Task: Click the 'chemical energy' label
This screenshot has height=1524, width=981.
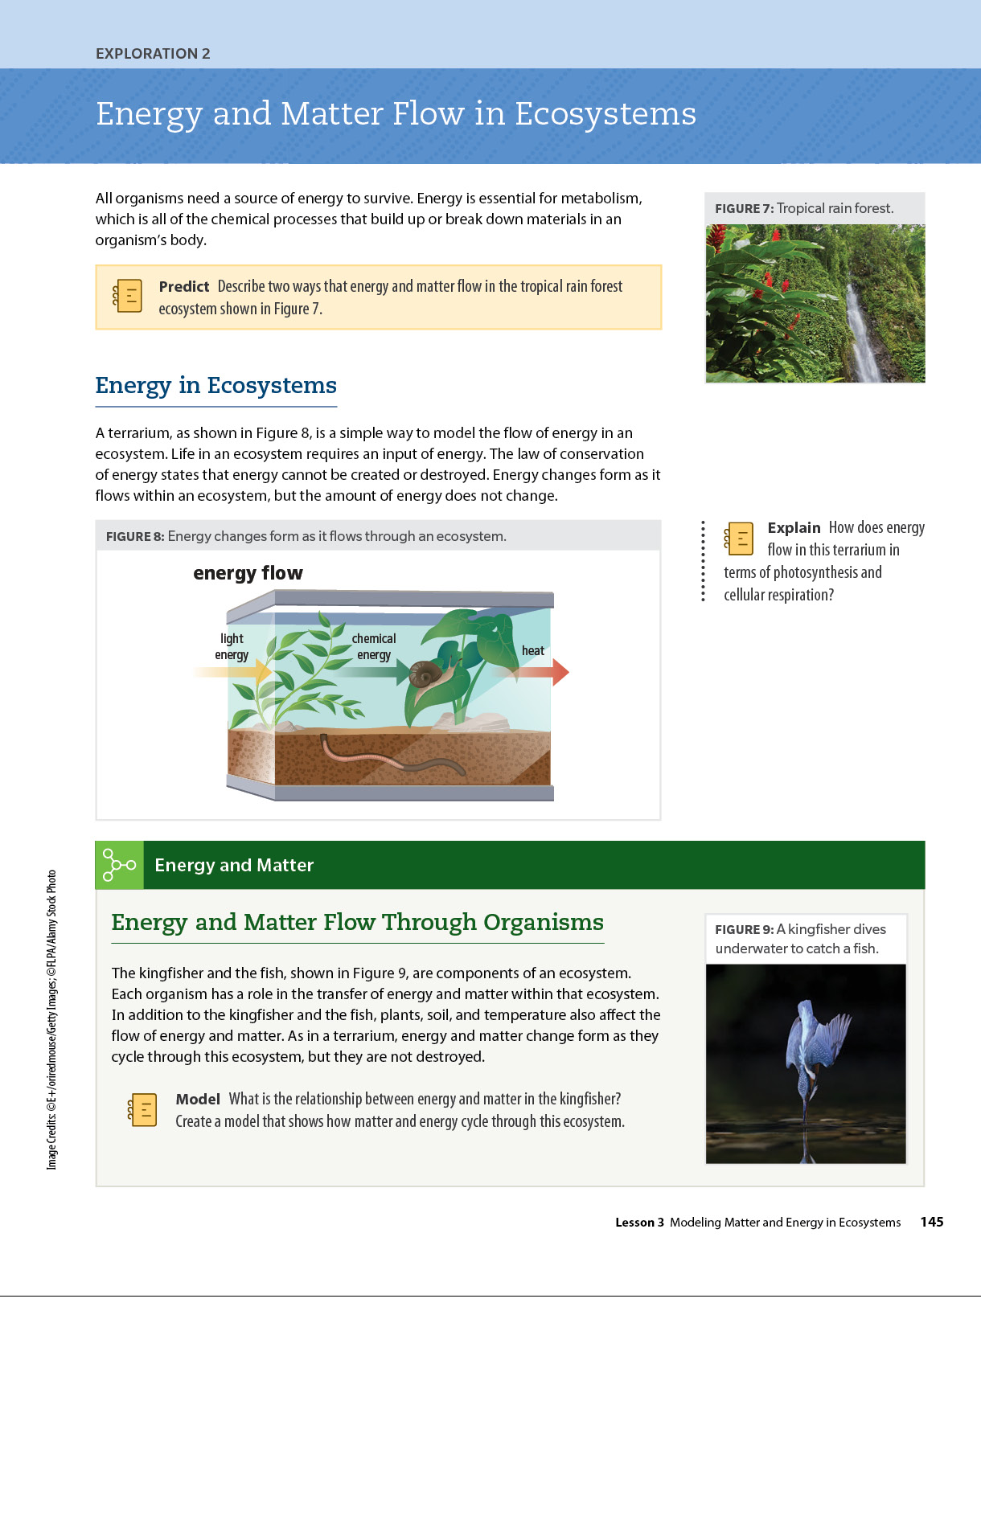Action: click(x=374, y=646)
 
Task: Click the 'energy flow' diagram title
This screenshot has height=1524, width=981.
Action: click(x=248, y=573)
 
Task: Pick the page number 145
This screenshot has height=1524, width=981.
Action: click(x=931, y=1222)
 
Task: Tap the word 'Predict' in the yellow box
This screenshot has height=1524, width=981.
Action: click(x=183, y=286)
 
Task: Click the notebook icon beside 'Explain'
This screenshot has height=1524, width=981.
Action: click(x=739, y=538)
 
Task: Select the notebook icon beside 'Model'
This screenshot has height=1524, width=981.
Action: click(x=142, y=1109)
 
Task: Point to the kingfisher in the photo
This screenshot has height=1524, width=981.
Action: click(x=812, y=1053)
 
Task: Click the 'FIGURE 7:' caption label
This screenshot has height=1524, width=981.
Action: click(x=744, y=208)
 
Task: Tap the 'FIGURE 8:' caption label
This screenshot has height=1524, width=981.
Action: click(x=135, y=536)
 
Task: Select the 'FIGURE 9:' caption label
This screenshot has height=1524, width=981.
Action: click(x=744, y=929)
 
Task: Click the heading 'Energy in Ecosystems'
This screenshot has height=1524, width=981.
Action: click(x=215, y=385)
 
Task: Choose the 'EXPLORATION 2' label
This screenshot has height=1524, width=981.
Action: click(x=153, y=54)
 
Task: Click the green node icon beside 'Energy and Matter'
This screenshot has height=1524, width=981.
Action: click(x=119, y=865)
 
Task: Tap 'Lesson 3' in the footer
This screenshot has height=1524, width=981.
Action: click(x=639, y=1222)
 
